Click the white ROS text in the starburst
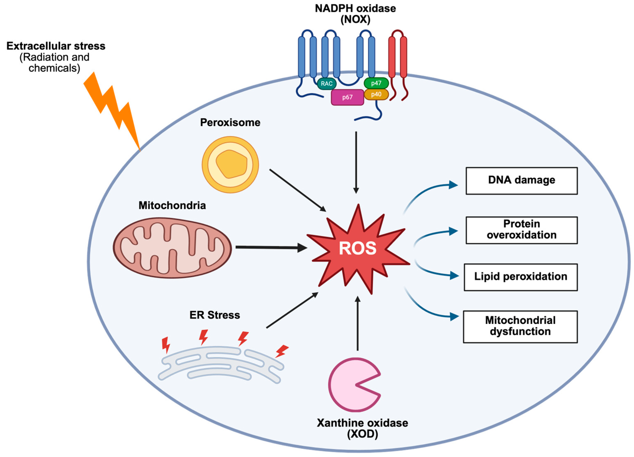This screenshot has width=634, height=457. (357, 248)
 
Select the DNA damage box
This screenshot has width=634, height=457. (521, 181)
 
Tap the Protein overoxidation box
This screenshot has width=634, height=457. (521, 230)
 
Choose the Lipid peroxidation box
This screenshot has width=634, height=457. (520, 277)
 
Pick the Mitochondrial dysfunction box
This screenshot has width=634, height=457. (520, 326)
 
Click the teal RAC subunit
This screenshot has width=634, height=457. (326, 84)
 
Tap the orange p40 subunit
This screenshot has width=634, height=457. (376, 95)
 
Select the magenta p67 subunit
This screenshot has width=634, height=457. (347, 97)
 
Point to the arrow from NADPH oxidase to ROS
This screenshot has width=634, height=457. (356, 162)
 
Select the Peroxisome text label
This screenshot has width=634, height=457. (230, 122)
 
